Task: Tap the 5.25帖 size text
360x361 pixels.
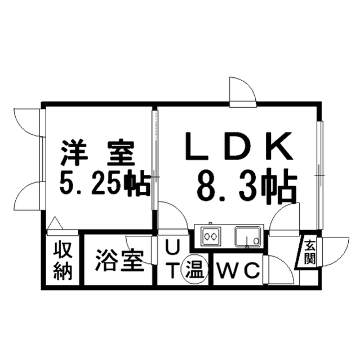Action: [x=104, y=184]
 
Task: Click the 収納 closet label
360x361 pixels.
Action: [x=63, y=261]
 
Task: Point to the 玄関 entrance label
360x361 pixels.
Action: [x=310, y=252]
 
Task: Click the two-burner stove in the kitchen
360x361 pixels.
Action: [x=210, y=236]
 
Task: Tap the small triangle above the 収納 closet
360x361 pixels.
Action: [x=55, y=224]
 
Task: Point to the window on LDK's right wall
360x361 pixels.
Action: [x=319, y=175]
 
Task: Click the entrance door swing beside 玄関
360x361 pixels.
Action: [x=332, y=248]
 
